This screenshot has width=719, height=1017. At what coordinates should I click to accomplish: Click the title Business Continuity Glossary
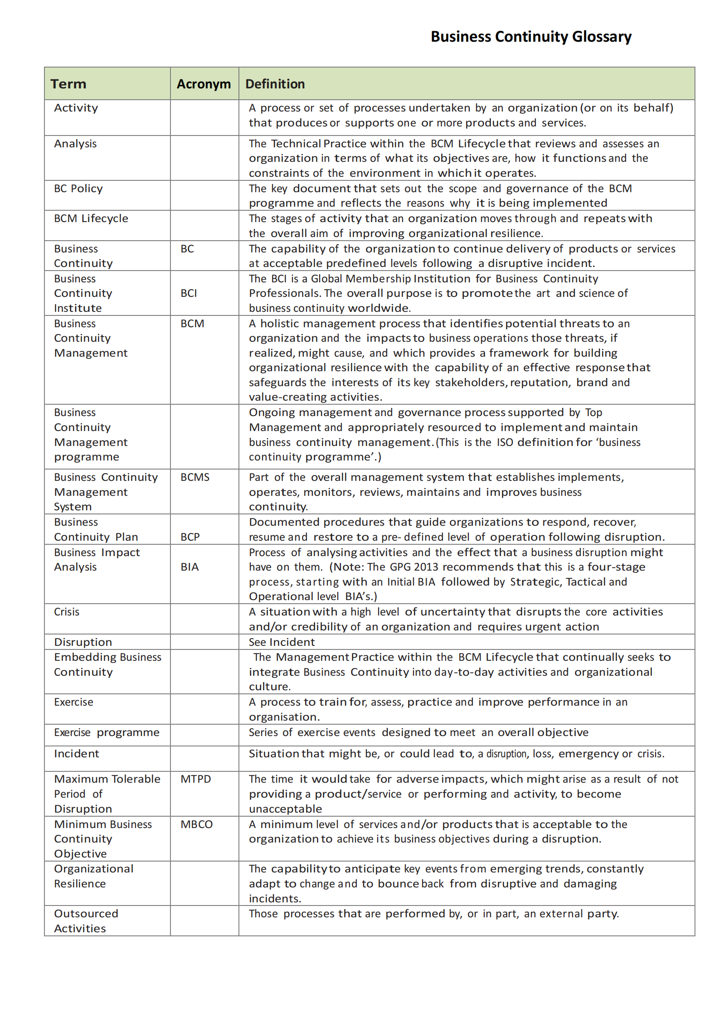point(530,36)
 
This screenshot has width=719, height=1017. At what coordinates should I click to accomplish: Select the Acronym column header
point(204,84)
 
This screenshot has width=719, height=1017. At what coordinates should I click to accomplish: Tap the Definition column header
point(275,84)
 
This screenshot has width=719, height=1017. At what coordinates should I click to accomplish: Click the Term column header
point(68,84)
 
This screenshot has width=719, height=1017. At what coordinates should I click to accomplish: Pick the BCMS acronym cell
point(195,477)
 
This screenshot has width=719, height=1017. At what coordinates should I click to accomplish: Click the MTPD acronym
point(195,779)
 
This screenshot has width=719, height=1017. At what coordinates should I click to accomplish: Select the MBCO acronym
point(196,824)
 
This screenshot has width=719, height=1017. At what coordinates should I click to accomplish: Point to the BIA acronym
point(189,567)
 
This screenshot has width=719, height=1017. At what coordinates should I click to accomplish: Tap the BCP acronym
point(190,537)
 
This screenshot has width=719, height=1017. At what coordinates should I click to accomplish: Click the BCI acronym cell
point(189,293)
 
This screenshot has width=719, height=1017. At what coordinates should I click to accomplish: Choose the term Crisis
point(67,612)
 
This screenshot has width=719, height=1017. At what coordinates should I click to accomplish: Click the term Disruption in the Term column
point(83,642)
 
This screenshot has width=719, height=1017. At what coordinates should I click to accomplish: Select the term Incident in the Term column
point(76,754)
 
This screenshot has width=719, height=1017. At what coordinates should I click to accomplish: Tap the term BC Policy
point(78,189)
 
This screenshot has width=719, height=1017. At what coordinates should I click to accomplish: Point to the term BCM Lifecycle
point(91,218)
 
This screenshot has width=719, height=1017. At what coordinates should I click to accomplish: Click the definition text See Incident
point(282,642)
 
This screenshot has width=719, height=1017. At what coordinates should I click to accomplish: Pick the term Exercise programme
point(107,732)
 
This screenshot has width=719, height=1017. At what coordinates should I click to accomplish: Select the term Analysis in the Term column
point(75,144)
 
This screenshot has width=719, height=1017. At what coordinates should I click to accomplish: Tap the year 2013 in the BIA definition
point(426,567)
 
